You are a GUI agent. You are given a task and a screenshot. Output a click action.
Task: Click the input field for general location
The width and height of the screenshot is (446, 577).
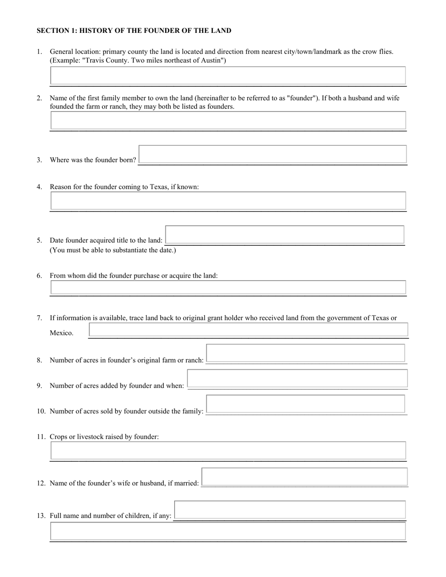[x=228, y=76]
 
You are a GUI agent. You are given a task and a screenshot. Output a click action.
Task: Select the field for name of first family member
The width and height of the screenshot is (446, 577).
[x=228, y=121]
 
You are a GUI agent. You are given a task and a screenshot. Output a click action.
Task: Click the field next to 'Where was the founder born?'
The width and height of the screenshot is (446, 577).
[x=273, y=154]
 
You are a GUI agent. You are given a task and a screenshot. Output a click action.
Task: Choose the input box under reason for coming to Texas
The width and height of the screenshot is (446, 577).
[x=228, y=201]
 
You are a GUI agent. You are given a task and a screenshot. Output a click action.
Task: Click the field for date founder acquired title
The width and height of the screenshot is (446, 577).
[x=285, y=235]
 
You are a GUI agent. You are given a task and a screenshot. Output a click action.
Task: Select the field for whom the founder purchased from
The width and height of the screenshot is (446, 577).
[x=228, y=287]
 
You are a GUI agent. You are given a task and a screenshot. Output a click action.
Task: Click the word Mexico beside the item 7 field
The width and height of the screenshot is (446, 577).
[x=62, y=333]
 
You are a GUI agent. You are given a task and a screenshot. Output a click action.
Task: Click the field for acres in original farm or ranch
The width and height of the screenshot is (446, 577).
[x=306, y=353]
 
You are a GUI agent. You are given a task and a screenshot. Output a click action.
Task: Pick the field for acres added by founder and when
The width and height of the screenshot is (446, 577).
[x=297, y=379]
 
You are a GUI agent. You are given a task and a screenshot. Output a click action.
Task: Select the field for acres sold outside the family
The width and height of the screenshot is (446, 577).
[x=306, y=404]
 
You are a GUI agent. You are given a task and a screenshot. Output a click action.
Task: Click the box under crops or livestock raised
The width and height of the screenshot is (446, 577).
[x=228, y=451]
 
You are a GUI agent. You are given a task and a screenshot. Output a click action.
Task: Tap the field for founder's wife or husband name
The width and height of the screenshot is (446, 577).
[x=304, y=477]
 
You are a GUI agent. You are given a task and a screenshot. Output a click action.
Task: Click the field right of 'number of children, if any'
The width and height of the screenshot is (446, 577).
[x=290, y=510]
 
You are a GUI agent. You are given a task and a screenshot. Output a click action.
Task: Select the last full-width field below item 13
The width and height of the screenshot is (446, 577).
[x=228, y=531]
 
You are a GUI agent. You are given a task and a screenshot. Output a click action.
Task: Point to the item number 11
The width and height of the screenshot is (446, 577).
[x=41, y=437]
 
